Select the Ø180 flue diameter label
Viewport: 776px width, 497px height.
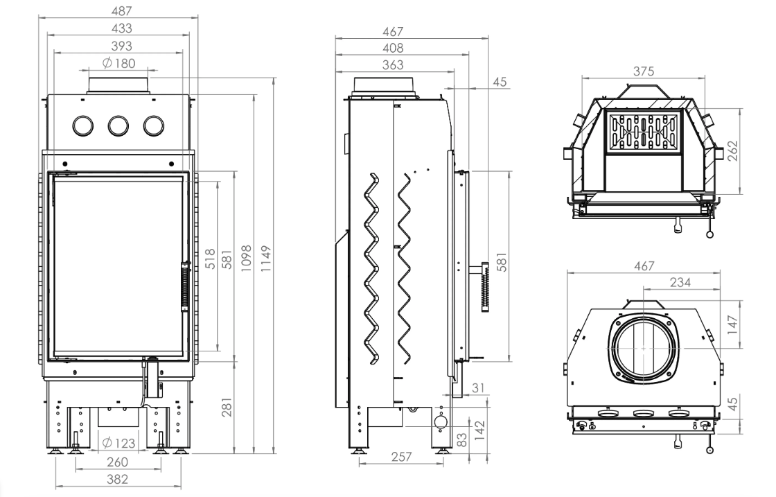(x=118, y=63)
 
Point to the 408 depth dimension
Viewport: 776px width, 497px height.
(x=396, y=49)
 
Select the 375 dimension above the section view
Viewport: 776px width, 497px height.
(x=642, y=71)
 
